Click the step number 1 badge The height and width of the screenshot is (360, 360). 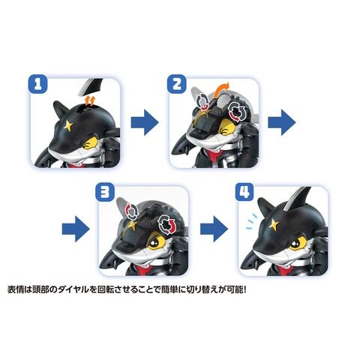point(37,83)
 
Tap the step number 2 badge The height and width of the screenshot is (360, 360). point(177,83)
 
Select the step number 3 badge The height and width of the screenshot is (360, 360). point(105,192)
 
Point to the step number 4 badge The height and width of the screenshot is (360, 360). point(244,192)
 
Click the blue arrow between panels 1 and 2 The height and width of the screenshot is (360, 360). point(145,122)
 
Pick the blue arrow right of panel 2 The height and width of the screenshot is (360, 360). point(282,122)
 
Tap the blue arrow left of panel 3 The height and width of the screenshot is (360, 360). point(76,229)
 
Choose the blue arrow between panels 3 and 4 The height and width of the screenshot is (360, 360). point(214,229)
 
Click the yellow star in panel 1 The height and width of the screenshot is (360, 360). point(68,125)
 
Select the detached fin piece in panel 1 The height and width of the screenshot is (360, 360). point(91,86)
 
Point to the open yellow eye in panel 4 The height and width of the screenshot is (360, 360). point(299,241)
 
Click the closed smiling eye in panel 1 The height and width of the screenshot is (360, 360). point(88,143)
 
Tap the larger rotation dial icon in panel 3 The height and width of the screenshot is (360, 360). point(167,223)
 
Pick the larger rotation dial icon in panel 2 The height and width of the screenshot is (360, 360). point(238,112)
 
